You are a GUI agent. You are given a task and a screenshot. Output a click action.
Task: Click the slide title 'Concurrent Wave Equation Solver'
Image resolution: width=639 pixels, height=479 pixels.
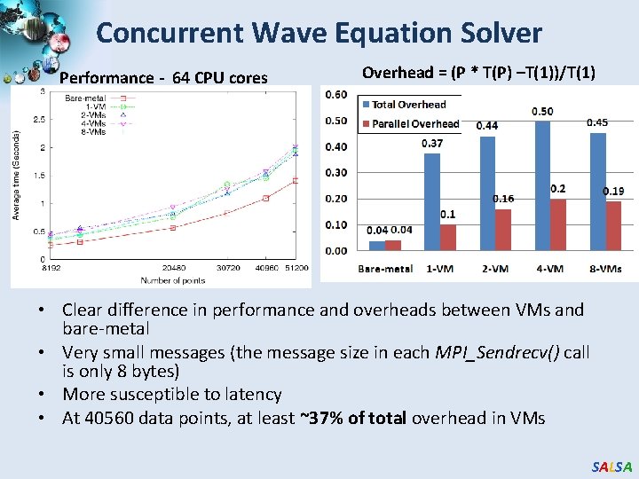click(319, 34)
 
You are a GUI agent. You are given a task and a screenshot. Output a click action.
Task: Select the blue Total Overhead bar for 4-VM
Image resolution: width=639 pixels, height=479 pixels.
click(542, 185)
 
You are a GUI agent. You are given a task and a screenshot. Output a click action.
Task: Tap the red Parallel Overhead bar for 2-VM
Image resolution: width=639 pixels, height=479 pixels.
click(503, 230)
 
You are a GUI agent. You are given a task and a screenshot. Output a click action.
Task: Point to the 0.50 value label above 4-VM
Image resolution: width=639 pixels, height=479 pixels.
click(542, 111)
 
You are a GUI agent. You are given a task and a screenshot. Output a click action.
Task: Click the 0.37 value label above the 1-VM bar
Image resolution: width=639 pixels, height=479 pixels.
click(432, 144)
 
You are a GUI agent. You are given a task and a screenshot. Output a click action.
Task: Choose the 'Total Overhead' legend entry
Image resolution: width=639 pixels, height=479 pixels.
click(408, 105)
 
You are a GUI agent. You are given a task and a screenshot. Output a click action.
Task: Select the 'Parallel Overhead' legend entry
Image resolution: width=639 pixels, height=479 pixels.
click(415, 123)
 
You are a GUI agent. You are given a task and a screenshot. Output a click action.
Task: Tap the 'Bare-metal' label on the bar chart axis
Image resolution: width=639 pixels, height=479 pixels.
click(384, 269)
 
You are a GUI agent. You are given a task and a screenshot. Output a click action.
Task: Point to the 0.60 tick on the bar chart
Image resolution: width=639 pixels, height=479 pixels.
click(336, 95)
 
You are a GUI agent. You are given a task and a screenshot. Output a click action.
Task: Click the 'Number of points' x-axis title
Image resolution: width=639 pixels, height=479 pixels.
click(172, 280)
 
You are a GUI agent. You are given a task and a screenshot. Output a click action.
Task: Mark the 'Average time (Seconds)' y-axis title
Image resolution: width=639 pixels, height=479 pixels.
click(16, 174)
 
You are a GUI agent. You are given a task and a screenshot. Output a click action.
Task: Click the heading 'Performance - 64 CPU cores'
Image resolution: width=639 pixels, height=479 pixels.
click(163, 78)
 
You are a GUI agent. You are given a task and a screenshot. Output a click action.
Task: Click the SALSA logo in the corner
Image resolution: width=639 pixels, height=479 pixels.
click(611, 466)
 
